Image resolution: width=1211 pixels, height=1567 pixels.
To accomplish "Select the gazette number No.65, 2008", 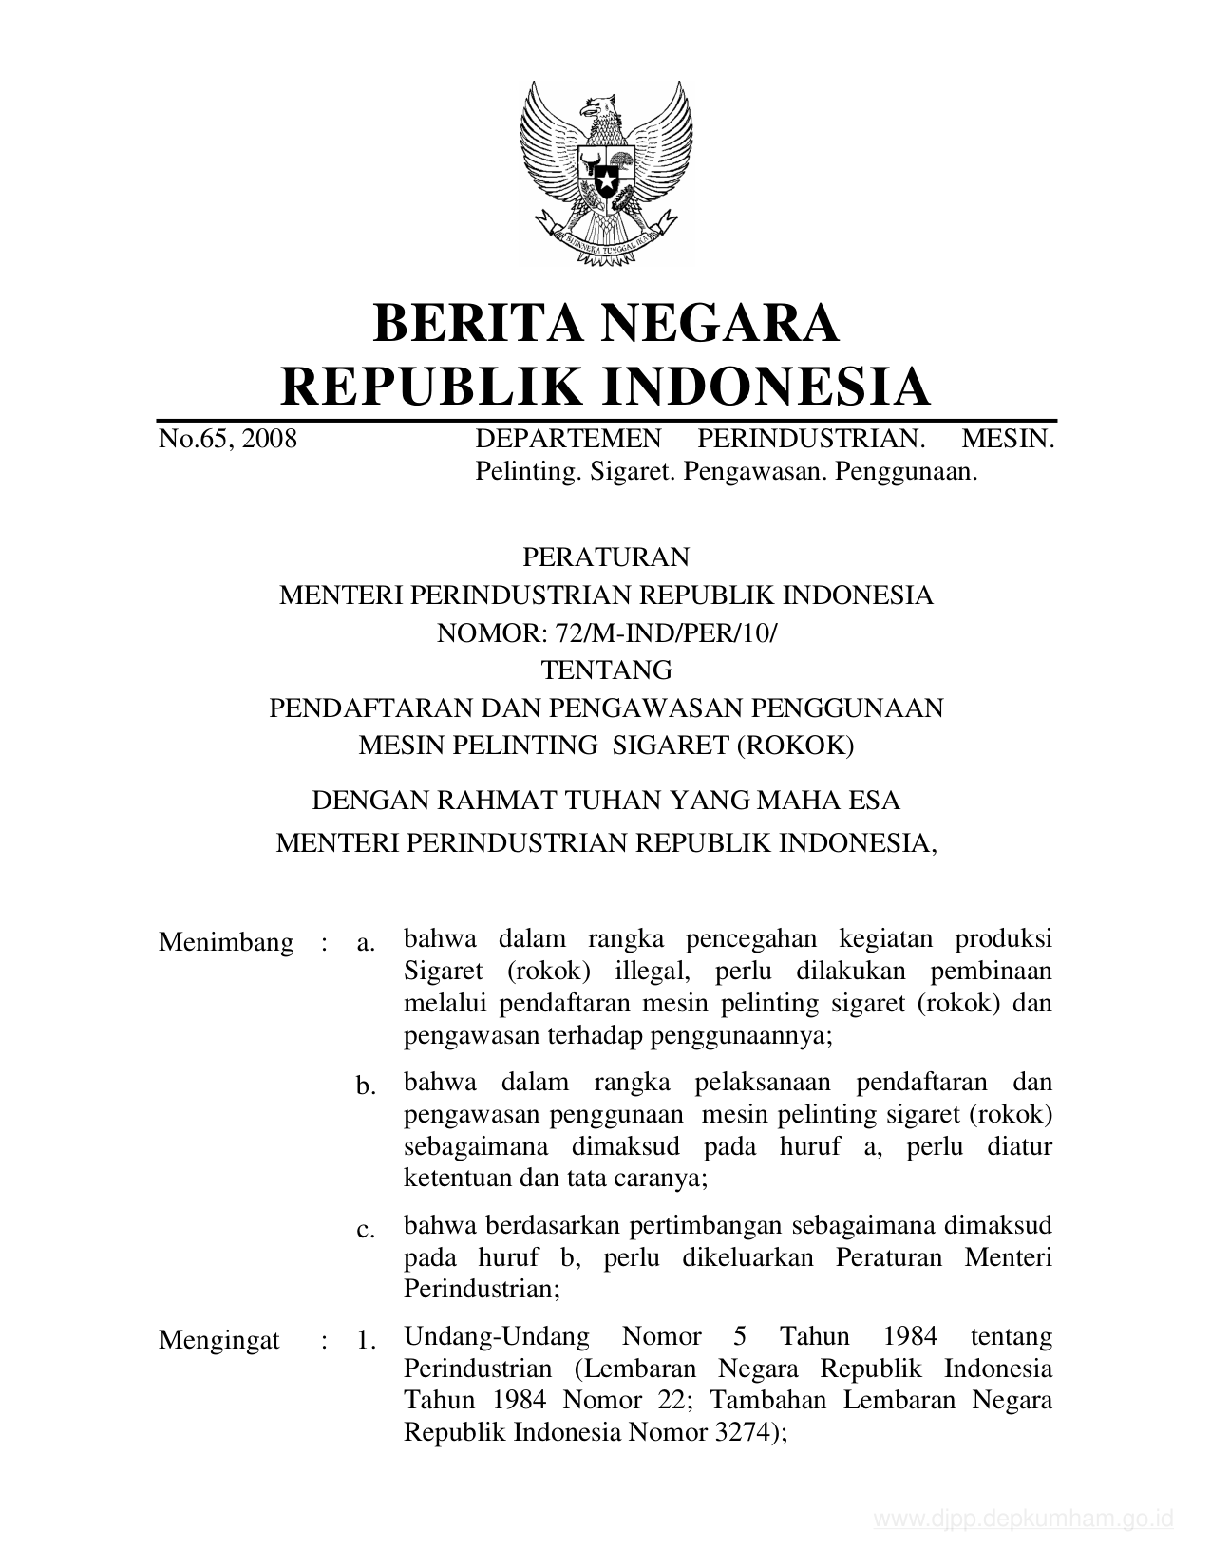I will [228, 439].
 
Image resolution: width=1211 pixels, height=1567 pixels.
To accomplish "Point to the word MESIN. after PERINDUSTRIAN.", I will [1008, 439].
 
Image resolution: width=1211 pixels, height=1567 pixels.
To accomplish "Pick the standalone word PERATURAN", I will [606, 556].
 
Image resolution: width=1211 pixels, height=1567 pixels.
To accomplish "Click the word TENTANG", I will [606, 670].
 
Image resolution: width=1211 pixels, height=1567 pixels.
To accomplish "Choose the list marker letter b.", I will [367, 1086].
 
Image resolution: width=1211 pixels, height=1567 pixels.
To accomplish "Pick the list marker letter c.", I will [366, 1231].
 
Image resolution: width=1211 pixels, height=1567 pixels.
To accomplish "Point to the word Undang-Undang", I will [496, 1337].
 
